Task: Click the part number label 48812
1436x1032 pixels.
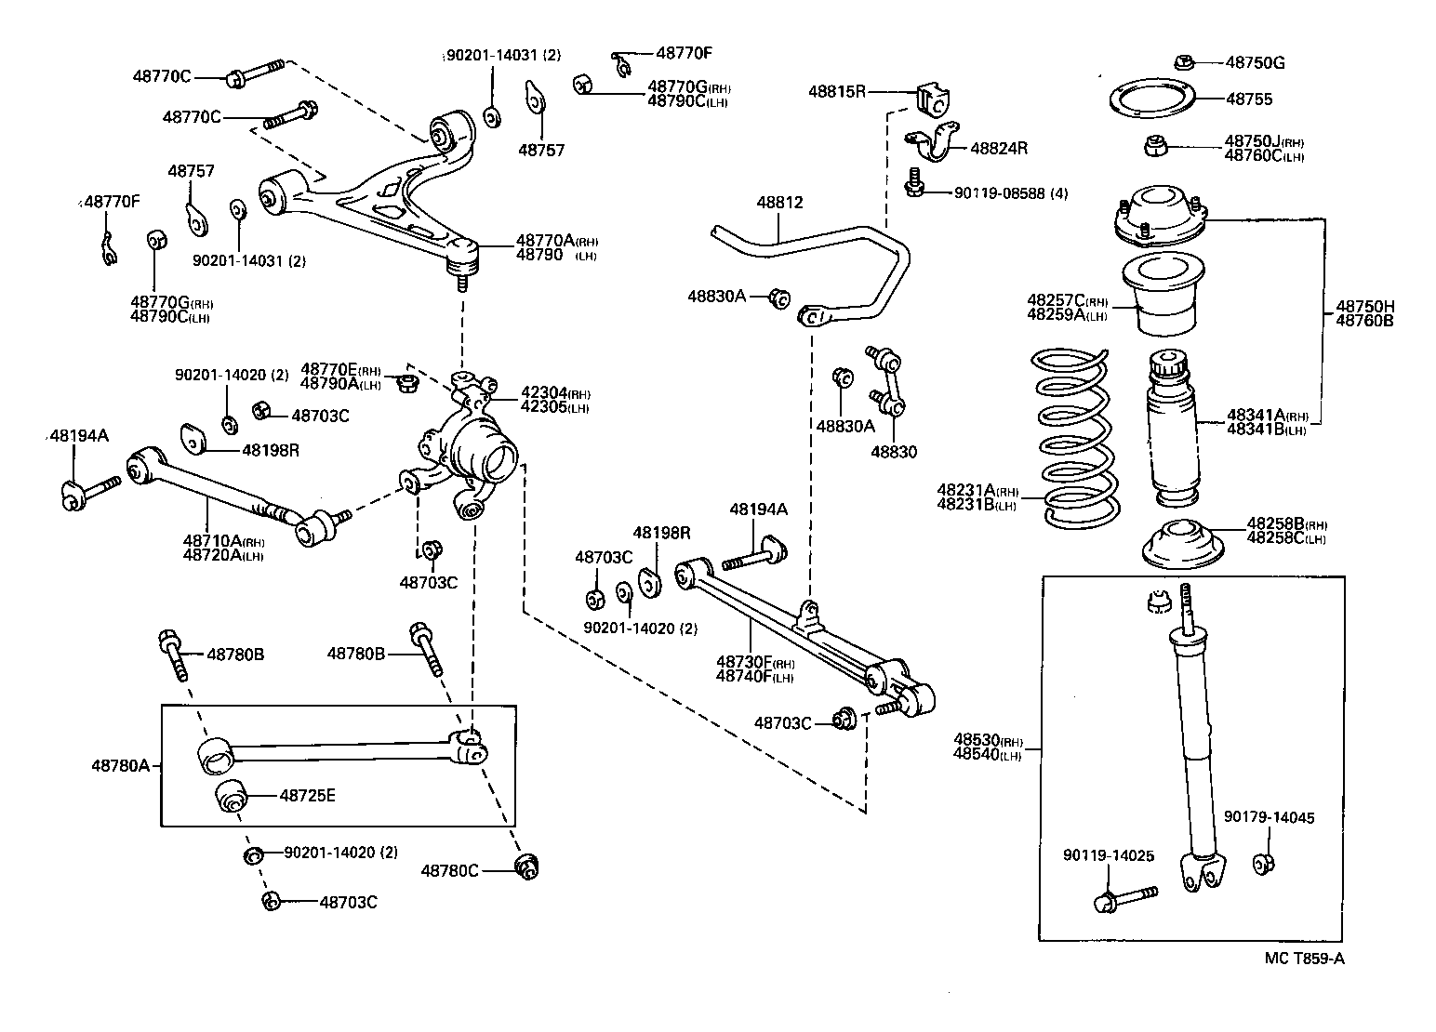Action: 779,203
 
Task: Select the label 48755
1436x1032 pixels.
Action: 1248,99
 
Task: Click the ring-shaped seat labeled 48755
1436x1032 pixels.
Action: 1153,99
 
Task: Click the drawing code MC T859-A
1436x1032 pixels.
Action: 1304,959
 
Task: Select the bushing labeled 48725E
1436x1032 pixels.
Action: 231,797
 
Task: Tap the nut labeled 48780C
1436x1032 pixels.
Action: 528,867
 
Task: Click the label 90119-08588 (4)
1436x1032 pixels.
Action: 1011,193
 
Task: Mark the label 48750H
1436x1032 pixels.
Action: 1365,307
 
